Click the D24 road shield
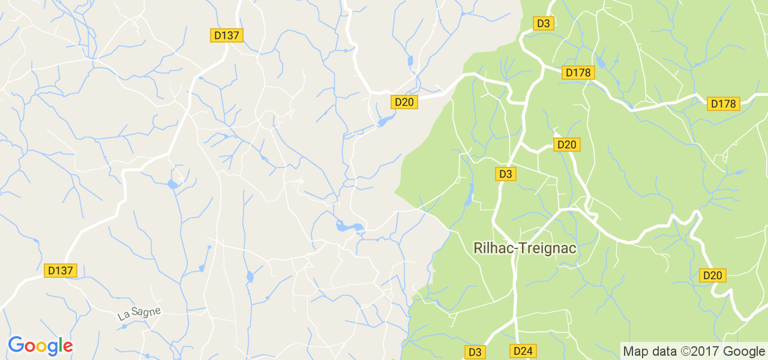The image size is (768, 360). [x=523, y=351]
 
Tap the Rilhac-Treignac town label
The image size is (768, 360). [x=525, y=248]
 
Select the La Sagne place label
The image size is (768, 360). [x=139, y=313]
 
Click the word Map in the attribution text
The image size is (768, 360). [x=635, y=351]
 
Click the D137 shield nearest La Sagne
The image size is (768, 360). [x=61, y=271]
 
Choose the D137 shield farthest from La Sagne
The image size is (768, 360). [x=226, y=35]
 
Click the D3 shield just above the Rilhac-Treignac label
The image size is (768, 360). [x=505, y=174]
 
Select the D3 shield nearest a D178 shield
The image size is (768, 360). [x=543, y=23]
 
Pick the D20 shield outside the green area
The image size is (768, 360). [x=404, y=102]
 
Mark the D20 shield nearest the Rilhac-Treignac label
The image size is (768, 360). [x=566, y=145]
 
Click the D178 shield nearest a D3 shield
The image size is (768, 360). [x=578, y=73]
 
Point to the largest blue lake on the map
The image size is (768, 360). [x=348, y=227]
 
